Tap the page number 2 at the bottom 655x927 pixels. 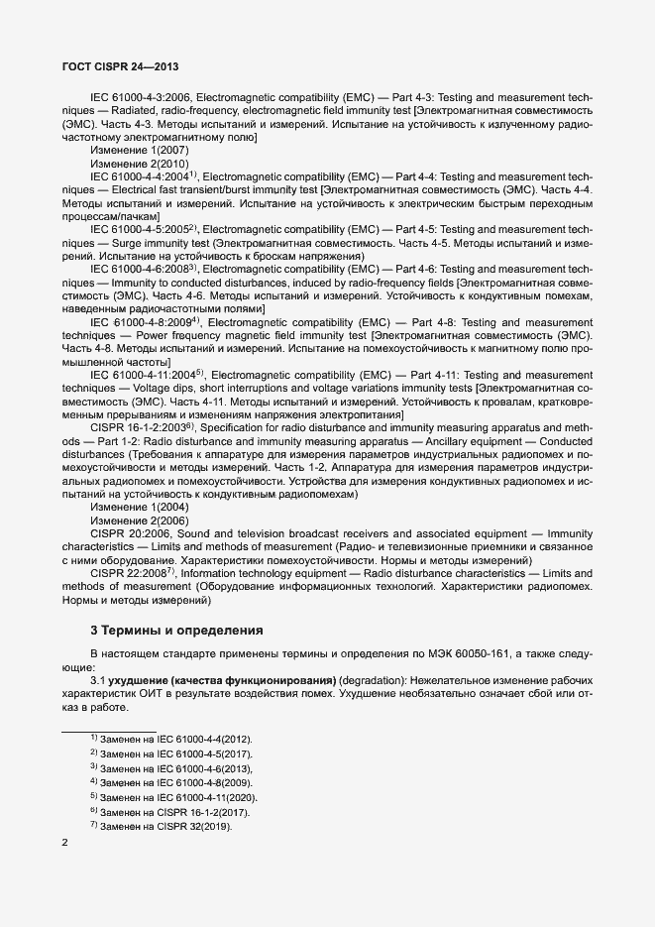64,843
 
